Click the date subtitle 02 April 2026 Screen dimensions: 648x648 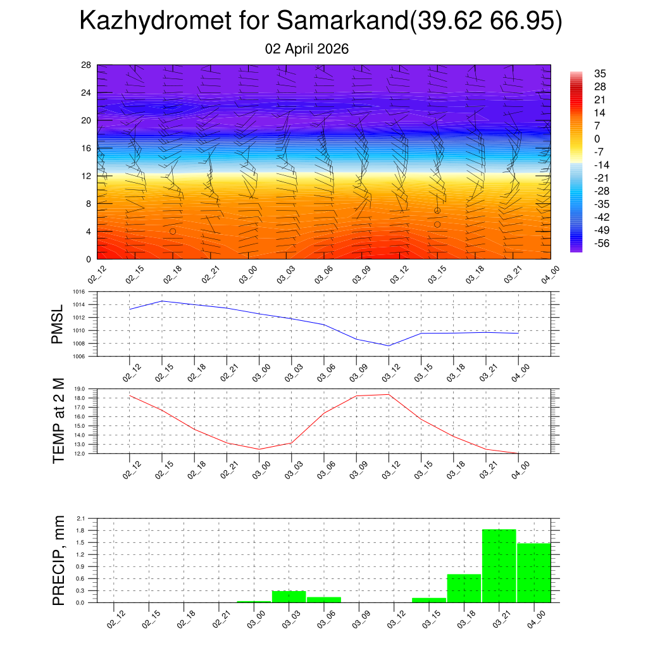click(x=307, y=49)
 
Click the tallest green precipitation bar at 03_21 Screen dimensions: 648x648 click(x=499, y=566)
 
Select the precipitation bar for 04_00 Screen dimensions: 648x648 click(x=534, y=573)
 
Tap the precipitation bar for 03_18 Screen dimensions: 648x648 click(x=464, y=589)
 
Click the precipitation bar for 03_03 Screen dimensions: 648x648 click(x=289, y=596)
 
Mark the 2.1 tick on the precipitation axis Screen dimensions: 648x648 click(x=81, y=518)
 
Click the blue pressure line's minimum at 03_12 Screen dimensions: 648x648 click(x=389, y=346)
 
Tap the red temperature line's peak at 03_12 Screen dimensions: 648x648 click(x=389, y=394)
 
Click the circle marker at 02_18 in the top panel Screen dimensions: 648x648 click(x=172, y=232)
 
